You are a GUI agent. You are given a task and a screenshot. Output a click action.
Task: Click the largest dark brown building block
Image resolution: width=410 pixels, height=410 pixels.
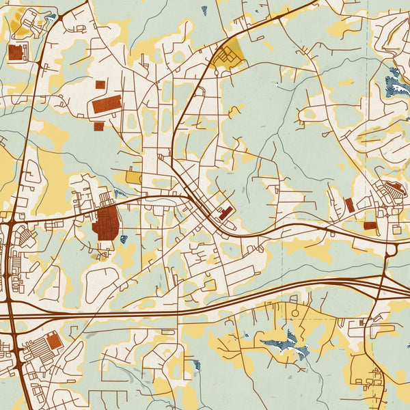[106, 223]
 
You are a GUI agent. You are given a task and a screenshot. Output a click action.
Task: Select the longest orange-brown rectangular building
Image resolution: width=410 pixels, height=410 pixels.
[107, 105]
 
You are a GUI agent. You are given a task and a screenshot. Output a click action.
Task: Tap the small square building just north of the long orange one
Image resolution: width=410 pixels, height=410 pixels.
[100, 85]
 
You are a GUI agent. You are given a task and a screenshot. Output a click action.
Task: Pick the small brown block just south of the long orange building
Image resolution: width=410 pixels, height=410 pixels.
[98, 126]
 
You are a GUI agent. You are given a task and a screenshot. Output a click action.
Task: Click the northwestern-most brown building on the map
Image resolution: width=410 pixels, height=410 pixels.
[16, 53]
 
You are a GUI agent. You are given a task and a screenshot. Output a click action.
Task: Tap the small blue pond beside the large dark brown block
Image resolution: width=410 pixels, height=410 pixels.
[124, 239]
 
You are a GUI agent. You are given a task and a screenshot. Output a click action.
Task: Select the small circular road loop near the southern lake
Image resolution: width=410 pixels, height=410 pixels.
[295, 313]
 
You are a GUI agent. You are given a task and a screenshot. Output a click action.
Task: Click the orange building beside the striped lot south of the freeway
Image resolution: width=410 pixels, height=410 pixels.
[53, 340]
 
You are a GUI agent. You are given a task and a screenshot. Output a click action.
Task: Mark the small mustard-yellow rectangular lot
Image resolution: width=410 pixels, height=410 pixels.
[133, 177]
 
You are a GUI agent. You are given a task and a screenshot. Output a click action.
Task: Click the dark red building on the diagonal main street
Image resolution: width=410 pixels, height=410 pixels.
[224, 213]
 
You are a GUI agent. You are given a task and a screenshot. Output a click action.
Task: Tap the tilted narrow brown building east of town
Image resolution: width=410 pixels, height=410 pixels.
[349, 204]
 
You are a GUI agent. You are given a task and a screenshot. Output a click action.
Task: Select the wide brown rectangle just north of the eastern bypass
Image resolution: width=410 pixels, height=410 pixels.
[370, 225]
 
